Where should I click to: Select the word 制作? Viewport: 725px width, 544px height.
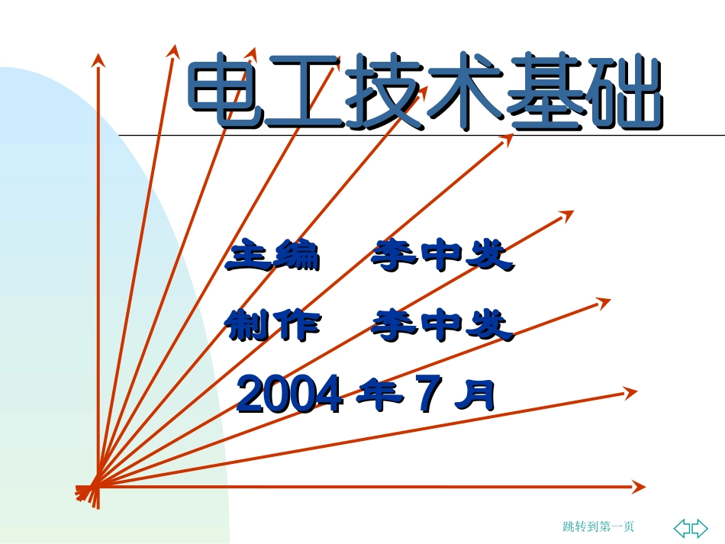click(273, 327)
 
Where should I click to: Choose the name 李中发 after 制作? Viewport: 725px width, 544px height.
click(442, 327)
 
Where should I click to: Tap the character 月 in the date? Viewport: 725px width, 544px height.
click(475, 395)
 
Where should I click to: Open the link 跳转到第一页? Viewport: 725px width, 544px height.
click(598, 526)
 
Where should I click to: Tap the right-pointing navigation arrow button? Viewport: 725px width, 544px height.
click(699, 527)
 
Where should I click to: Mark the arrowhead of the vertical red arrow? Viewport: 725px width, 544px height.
click(98, 60)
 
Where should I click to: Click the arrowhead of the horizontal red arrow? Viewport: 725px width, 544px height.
click(639, 487)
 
